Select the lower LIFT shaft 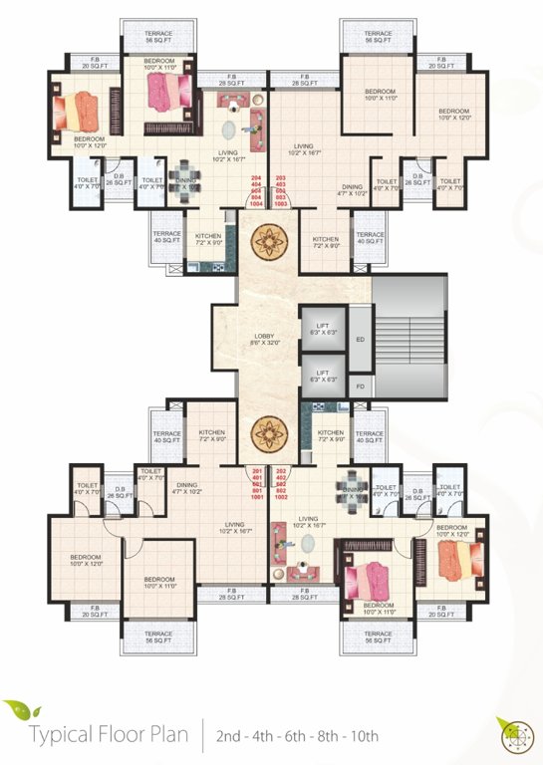pyautogui.click(x=322, y=377)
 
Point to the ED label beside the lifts pyautogui.click(x=360, y=339)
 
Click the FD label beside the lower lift pyautogui.click(x=360, y=384)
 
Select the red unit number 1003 pyautogui.click(x=280, y=203)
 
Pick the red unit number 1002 pyautogui.click(x=281, y=496)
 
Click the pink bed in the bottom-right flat pyautogui.click(x=370, y=577)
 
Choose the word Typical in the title pyautogui.click(x=61, y=737)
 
